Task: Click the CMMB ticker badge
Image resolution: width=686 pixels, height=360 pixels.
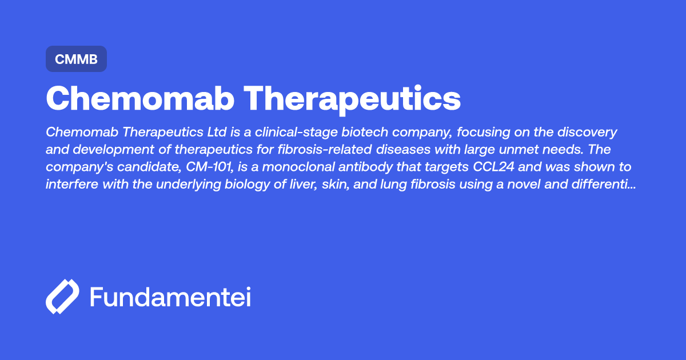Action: pos(76,59)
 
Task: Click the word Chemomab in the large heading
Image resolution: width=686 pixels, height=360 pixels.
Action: pos(140,99)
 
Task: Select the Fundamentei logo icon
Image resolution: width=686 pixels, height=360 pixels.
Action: pos(62,297)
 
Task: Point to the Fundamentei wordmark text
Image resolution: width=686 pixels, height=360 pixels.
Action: pos(170,297)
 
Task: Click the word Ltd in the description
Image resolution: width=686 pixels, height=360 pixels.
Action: pos(217,133)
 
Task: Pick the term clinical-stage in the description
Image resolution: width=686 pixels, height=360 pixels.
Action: pos(292,133)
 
